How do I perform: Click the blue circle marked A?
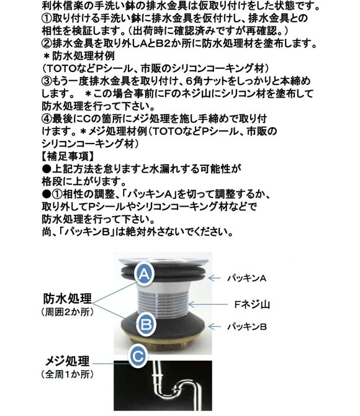144,274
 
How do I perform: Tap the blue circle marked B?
146,324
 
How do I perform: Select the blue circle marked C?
138,356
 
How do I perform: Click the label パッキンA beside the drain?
246,278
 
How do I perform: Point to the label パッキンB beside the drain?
246,327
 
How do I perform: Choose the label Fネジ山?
252,304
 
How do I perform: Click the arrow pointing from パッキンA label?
214,278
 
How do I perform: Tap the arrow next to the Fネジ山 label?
208,304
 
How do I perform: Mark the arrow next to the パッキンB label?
215,327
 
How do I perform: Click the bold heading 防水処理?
68,299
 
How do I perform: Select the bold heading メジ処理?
68,361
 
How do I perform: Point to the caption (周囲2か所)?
68,312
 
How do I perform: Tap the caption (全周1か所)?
68,374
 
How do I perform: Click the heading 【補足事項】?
68,156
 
